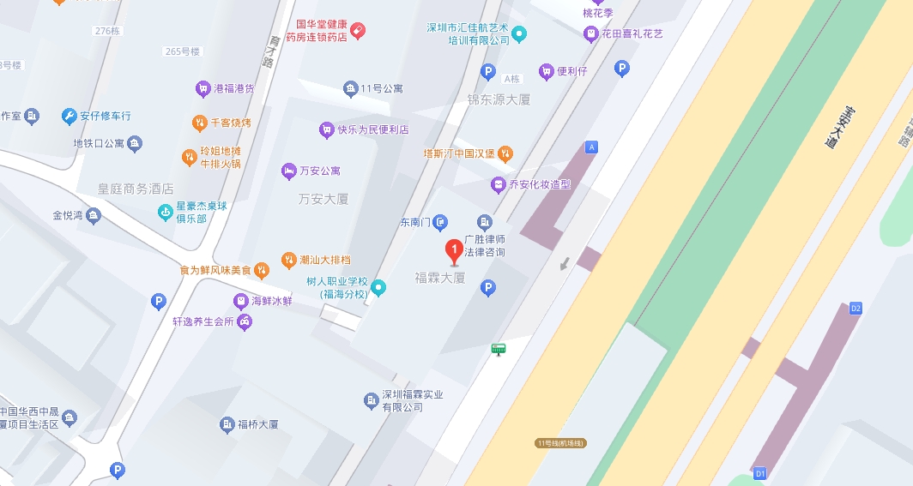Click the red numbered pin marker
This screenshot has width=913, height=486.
click(454, 252)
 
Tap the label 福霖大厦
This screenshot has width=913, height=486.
click(439, 278)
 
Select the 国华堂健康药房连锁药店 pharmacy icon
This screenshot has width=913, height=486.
click(358, 30)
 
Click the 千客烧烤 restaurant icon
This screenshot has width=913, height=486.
click(199, 123)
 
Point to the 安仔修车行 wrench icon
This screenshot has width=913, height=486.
click(70, 116)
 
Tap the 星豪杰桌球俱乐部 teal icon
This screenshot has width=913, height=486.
click(166, 212)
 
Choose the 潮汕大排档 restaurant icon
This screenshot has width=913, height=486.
click(288, 260)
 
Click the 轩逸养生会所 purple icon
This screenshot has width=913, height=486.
click(245, 322)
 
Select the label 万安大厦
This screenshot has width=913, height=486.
click(323, 199)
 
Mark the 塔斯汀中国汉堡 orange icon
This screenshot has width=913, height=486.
click(506, 153)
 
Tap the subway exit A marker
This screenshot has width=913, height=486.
click(590, 147)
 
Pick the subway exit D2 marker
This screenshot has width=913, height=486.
click(855, 308)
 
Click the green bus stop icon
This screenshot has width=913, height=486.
click(498, 349)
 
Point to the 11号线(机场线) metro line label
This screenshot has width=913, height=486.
click(559, 443)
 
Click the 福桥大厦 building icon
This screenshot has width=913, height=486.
click(227, 424)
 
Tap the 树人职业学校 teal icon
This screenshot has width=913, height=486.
click(378, 288)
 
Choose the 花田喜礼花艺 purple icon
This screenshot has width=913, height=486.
click(590, 34)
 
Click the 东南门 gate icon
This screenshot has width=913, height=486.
click(440, 223)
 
